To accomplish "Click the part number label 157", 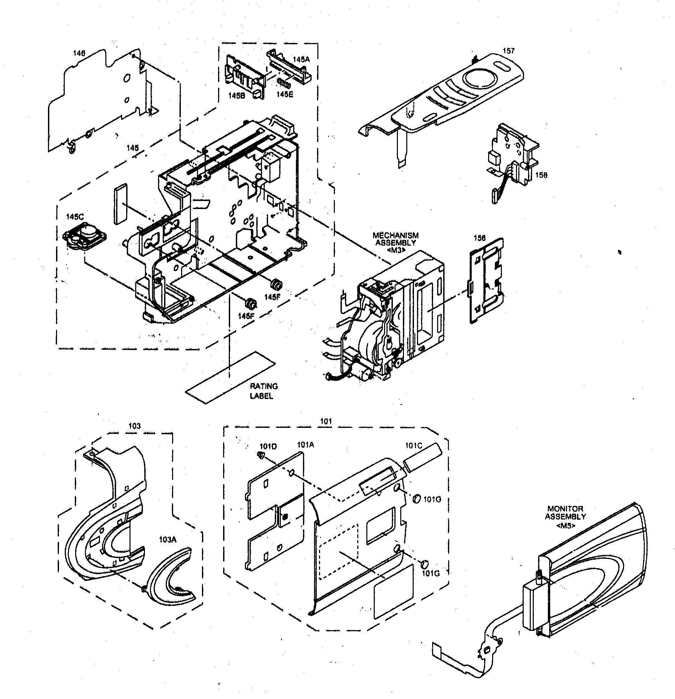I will (x=509, y=51).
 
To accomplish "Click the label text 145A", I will (x=301, y=59).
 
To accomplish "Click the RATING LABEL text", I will (x=263, y=391).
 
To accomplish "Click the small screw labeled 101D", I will (x=260, y=455).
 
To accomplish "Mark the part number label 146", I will (x=79, y=53).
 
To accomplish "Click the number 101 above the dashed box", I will (x=326, y=421).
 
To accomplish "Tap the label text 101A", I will (x=305, y=445).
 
